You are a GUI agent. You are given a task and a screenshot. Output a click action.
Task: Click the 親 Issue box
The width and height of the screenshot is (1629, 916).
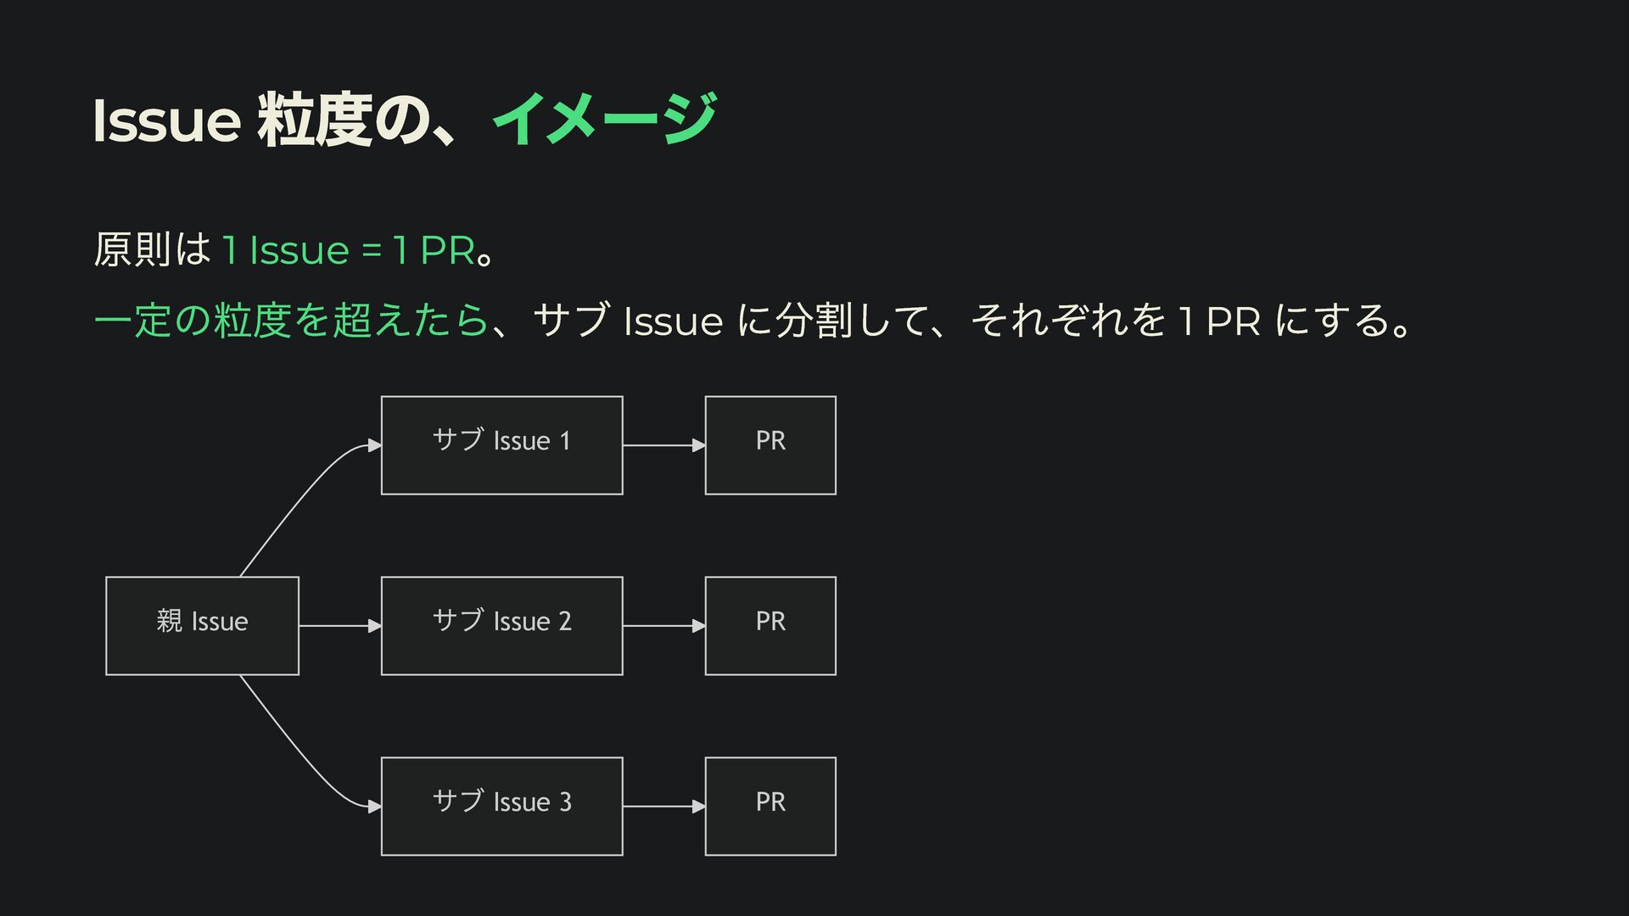(202, 626)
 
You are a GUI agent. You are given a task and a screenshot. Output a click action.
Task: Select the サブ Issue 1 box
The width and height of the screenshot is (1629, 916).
(502, 445)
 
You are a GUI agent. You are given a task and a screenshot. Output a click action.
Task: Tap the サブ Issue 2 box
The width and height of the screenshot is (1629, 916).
(502, 626)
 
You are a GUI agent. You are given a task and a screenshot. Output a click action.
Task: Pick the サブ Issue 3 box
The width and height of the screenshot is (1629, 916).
(502, 807)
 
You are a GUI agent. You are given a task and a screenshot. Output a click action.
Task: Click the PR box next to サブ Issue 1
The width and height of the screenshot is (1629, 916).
(770, 445)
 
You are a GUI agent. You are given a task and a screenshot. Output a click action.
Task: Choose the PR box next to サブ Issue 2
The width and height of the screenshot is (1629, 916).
(770, 626)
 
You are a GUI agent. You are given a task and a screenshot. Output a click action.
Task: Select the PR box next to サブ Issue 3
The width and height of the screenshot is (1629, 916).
(770, 807)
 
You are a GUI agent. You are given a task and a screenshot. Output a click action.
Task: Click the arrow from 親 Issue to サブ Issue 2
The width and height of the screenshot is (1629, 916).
(340, 626)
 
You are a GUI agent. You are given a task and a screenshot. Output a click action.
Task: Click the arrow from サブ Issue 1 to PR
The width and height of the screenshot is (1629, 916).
(664, 445)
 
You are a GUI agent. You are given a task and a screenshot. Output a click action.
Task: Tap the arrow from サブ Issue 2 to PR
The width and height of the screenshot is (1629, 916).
(664, 626)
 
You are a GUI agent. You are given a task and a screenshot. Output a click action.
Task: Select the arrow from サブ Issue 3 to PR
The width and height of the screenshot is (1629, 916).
(664, 807)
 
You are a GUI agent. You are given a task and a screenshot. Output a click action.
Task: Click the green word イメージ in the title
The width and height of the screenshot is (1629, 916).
(605, 119)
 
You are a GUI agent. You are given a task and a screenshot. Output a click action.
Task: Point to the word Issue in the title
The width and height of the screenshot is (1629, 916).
(167, 120)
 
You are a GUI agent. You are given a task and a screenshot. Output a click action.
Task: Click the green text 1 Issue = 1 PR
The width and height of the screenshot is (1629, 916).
(348, 250)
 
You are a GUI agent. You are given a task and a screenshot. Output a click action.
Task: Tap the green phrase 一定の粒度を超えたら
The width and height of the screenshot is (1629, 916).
(291, 321)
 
